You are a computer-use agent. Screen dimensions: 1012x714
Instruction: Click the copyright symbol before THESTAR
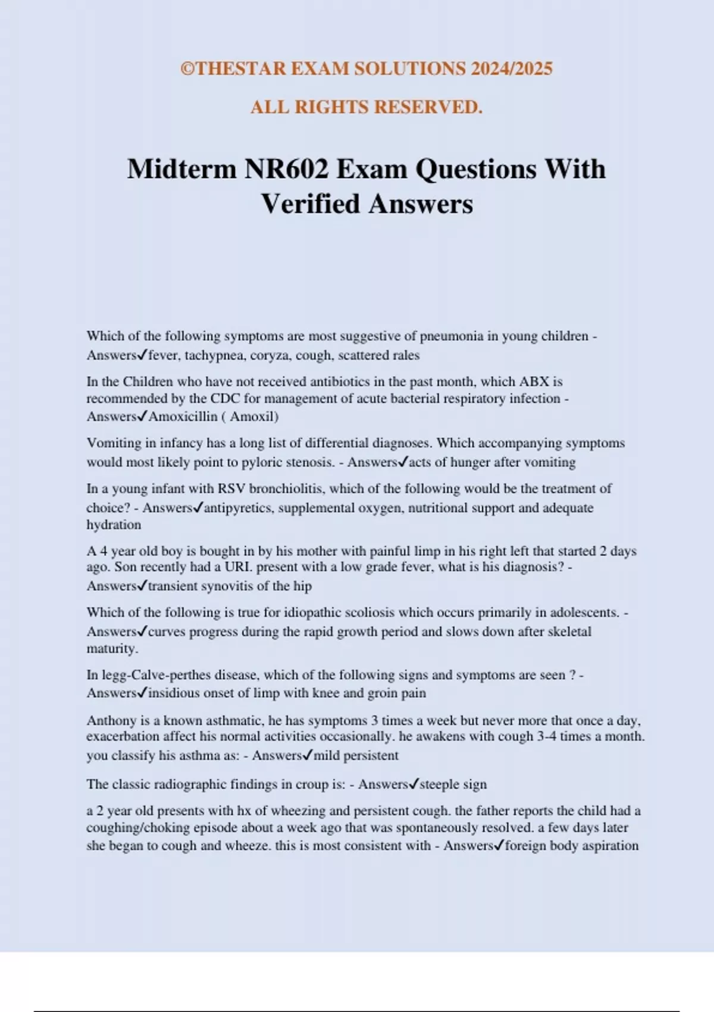click(188, 69)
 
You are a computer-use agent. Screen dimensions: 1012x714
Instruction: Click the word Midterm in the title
click(181, 170)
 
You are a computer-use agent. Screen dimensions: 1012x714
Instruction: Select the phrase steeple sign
click(453, 785)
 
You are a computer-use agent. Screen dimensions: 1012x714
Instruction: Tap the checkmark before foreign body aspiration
click(499, 845)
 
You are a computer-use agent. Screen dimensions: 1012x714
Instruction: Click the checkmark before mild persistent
click(308, 755)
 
